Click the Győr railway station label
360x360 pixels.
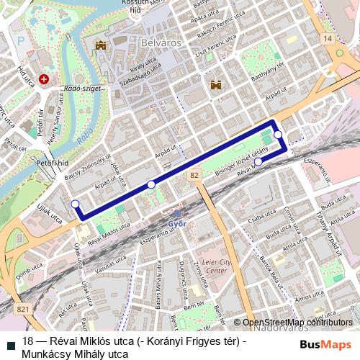[177, 223]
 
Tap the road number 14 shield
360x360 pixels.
[328, 37]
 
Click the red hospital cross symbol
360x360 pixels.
[45, 79]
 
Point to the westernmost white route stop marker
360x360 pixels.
[76, 204]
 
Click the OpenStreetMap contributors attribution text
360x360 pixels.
[297, 323]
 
